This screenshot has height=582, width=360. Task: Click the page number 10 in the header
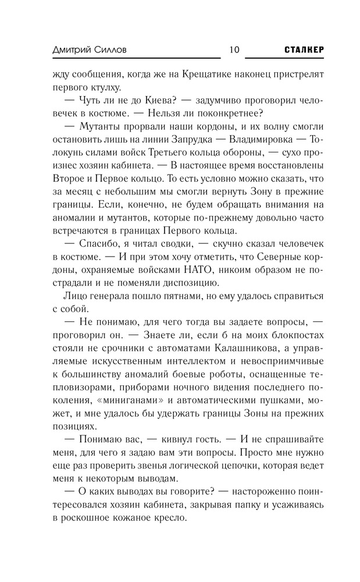click(x=234, y=49)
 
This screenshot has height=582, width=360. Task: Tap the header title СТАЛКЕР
click(x=304, y=49)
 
